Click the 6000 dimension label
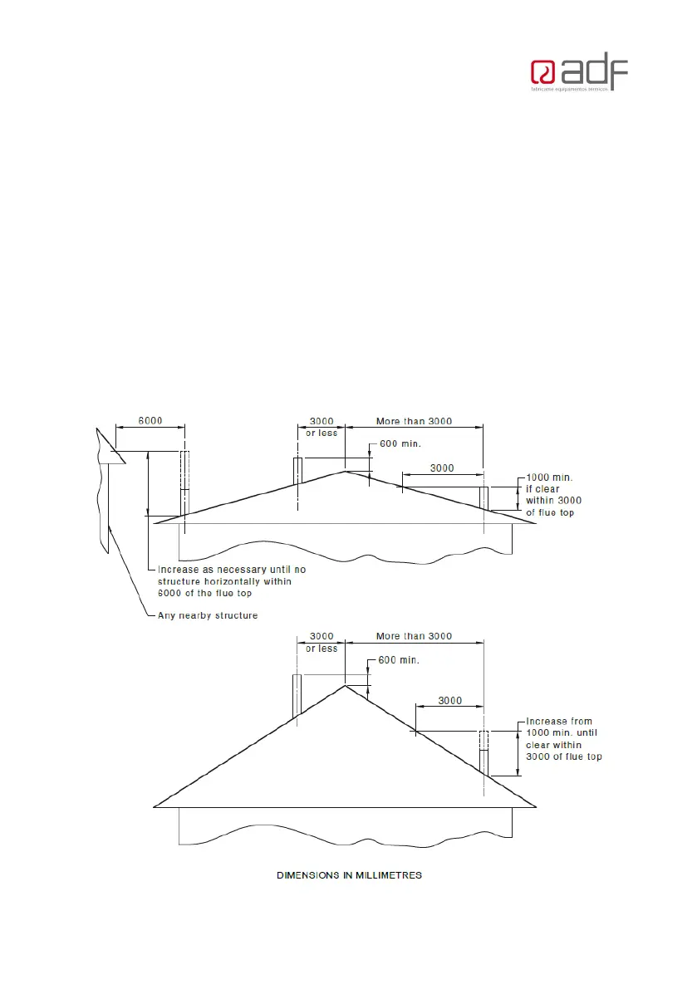(150, 421)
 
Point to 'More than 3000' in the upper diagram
(414, 421)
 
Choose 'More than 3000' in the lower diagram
(414, 636)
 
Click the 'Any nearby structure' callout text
(208, 615)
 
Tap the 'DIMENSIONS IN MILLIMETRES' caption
(349, 875)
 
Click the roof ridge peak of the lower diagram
(345, 685)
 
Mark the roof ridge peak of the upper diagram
(345, 472)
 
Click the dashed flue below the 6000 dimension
(184, 482)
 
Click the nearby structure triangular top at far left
(108, 448)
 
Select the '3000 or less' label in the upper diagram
(321, 428)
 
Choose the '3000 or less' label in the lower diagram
(321, 642)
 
